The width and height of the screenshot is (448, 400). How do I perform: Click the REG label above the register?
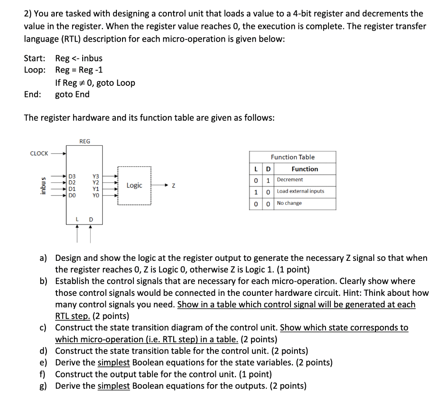coord(84,141)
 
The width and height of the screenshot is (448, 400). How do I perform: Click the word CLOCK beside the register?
coord(39,153)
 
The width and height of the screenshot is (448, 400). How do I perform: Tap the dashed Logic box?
coord(134,185)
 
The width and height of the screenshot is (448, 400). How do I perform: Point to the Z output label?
coord(174,186)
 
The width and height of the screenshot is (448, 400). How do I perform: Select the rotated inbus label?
coord(42,186)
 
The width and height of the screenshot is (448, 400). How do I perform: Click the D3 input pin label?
coord(72,176)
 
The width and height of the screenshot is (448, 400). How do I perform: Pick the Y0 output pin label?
coord(96,196)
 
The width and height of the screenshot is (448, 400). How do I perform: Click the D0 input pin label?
coord(72,196)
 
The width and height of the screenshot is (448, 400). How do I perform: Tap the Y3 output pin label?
coord(96,176)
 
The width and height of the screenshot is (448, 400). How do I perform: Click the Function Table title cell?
coord(292,157)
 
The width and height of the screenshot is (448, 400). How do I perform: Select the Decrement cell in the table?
coord(290,179)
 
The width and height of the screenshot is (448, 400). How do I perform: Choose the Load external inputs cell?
coord(300,191)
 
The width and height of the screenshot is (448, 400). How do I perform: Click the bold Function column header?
coord(304,169)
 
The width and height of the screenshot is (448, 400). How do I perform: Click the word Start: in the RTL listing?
coord(35,58)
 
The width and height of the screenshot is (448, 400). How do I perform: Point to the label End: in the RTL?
coord(33,95)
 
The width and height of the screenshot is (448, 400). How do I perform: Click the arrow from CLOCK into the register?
coord(58,154)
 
